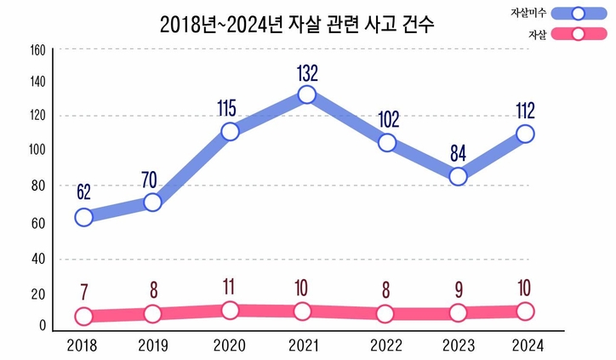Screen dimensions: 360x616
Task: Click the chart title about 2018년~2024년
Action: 297,25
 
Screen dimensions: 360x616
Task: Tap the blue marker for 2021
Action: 307,94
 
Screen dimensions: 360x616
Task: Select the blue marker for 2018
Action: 83,217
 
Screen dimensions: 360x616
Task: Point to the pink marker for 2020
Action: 230,311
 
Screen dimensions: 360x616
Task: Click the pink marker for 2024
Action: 525,311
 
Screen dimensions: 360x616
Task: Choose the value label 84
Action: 458,154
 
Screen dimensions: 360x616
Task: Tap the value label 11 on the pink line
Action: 230,287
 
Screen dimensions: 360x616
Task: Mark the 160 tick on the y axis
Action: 37,50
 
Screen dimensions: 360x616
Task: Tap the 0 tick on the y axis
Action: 42,326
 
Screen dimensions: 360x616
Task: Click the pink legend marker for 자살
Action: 578,35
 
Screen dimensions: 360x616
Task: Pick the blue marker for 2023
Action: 458,177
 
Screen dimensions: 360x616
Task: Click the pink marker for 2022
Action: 385,313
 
